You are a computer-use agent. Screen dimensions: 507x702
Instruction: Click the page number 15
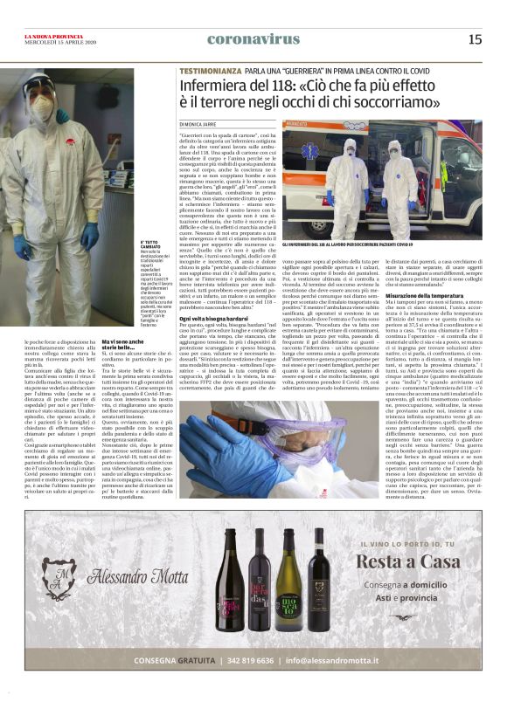(x=475, y=38)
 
